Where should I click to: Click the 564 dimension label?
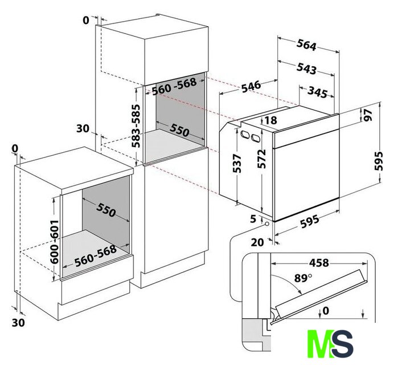306,45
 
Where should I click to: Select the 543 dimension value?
306,68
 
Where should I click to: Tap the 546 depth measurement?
251,87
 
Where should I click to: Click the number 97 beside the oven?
368,115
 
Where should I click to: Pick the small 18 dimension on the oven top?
270,120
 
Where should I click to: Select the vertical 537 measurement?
237,163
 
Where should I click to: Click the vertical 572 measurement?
261,159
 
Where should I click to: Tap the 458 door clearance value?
319,263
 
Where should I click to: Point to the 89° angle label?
303,278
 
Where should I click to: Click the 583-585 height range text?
136,126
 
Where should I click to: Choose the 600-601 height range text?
54,242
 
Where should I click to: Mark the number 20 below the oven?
257,242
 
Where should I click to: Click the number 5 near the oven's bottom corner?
253,219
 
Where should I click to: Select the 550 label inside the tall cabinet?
179,130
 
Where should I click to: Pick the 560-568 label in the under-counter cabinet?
96,255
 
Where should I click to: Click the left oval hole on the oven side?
244,134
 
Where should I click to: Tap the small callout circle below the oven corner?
266,224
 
